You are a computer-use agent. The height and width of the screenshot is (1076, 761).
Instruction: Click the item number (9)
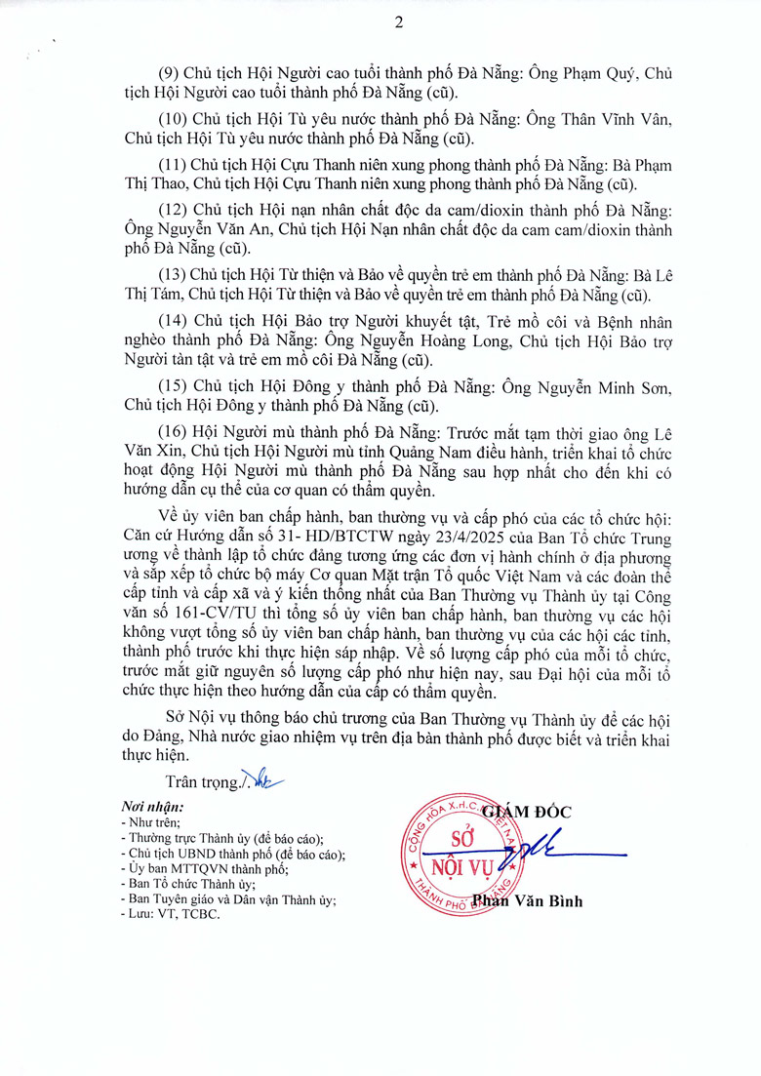pos(172,74)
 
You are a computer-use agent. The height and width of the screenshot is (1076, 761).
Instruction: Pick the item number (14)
pos(176,321)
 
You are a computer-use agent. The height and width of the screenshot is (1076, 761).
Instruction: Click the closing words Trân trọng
pos(203,781)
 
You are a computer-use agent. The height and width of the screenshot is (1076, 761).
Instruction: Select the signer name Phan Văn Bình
pos(528,901)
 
